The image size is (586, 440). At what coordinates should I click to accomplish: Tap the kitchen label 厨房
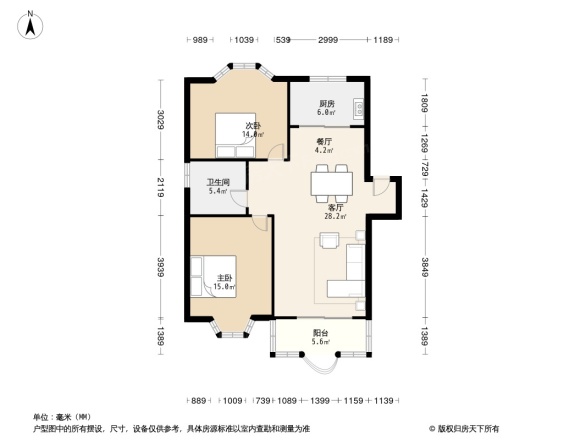pyautogui.click(x=326, y=103)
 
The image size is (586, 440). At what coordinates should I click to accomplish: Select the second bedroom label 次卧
pyautogui.click(x=253, y=125)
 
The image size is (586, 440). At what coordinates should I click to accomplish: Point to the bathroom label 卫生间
pyautogui.click(x=218, y=182)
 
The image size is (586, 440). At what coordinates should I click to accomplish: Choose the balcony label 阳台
pyautogui.click(x=319, y=334)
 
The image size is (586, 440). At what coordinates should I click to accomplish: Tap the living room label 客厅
pyautogui.click(x=335, y=207)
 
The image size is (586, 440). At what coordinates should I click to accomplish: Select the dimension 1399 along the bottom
pyautogui.click(x=320, y=400)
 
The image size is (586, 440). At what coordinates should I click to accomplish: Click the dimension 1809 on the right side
pyautogui.click(x=424, y=102)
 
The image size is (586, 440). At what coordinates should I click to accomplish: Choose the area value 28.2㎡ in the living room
pyautogui.click(x=335, y=216)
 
